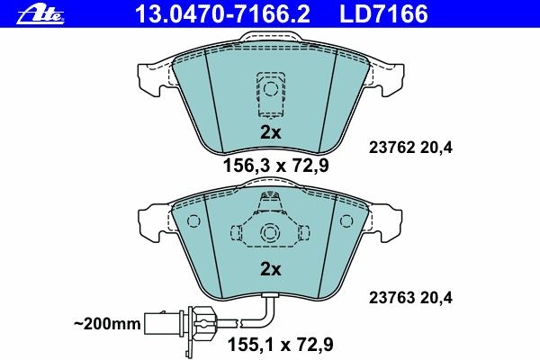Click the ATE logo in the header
click(x=40, y=14)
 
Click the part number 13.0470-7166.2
click(x=222, y=13)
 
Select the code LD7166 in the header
click(x=383, y=13)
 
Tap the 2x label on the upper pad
click(x=270, y=132)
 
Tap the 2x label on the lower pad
click(x=270, y=269)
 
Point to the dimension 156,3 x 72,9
click(x=276, y=166)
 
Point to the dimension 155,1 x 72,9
click(x=280, y=345)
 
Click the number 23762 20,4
click(x=410, y=148)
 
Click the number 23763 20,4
click(x=410, y=297)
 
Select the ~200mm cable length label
click(x=107, y=324)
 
